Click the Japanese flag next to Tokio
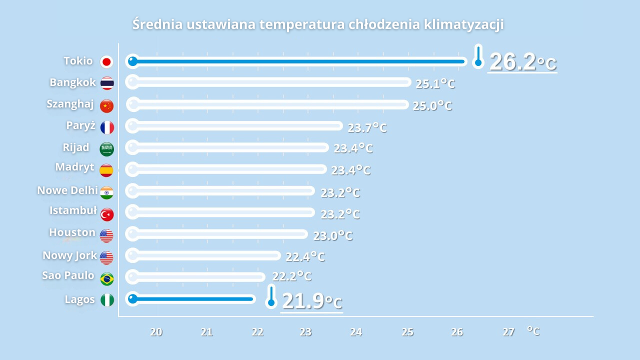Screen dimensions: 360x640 coord(106,62)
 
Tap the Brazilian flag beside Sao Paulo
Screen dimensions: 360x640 coord(106,278)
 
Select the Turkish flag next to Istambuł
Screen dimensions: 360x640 coord(106,214)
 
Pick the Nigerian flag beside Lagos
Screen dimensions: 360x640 coord(107,300)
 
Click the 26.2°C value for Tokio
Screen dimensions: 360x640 coord(522,62)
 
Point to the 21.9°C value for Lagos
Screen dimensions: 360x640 coord(311,301)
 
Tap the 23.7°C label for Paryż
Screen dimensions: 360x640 coord(367,127)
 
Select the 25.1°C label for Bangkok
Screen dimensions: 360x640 coord(435,83)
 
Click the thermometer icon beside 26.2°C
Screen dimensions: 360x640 coord(478,56)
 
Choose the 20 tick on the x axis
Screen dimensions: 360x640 coord(156,331)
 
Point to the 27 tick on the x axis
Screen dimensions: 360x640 coord(508,331)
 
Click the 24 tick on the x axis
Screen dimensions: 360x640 coord(356,331)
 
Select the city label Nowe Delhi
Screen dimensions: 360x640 coord(67,190)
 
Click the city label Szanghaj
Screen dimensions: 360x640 coord(70,104)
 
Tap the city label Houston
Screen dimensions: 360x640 coord(72,232)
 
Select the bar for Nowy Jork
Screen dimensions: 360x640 coord(203,255)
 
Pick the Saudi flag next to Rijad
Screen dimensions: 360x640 coord(106,148)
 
